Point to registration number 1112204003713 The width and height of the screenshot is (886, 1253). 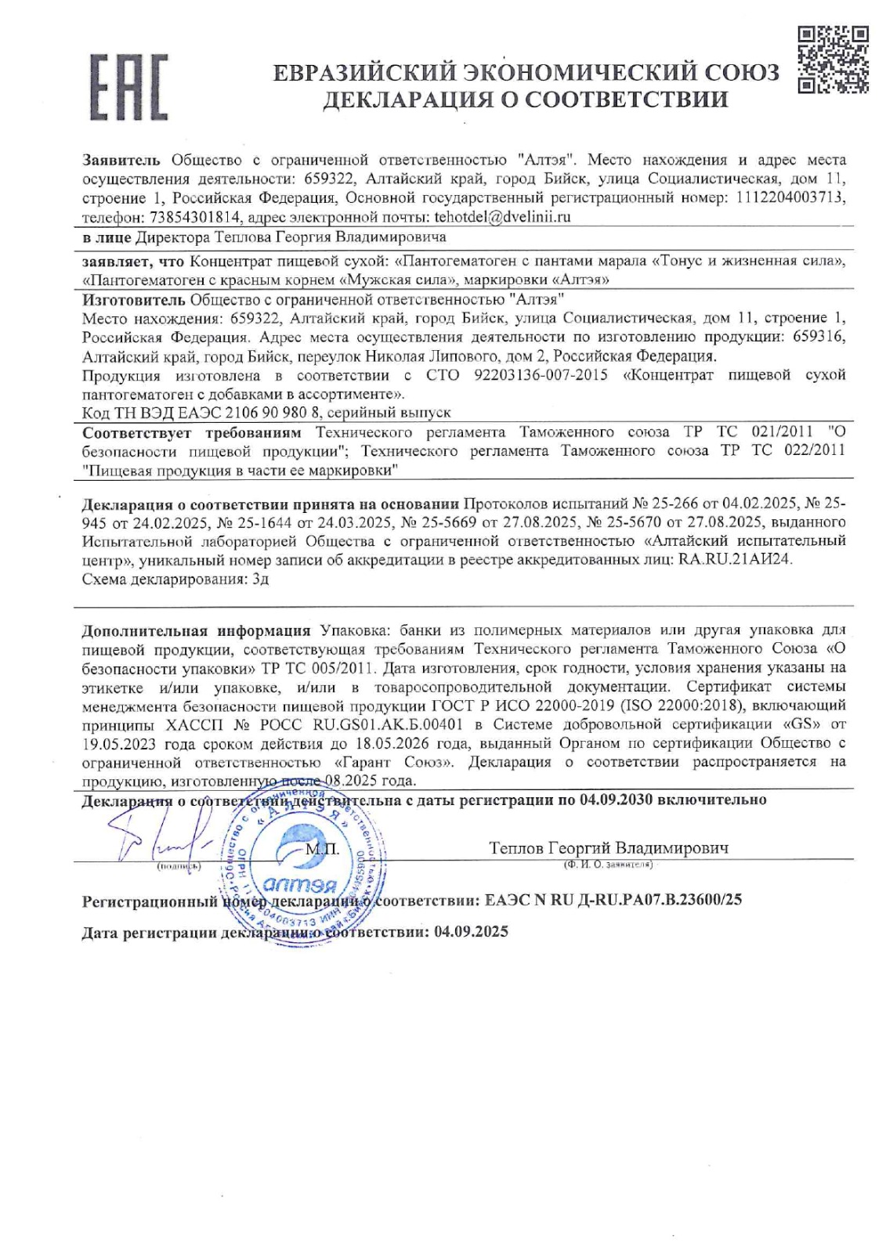[790, 197]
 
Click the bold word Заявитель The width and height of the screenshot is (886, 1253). [121, 160]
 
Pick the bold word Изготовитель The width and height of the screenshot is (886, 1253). [133, 299]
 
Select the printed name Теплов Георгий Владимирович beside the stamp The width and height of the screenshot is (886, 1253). [609, 848]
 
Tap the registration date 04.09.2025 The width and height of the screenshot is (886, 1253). [471, 931]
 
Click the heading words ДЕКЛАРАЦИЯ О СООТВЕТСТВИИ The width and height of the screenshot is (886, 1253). [526, 99]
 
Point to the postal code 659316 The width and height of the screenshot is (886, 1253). [819, 337]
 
